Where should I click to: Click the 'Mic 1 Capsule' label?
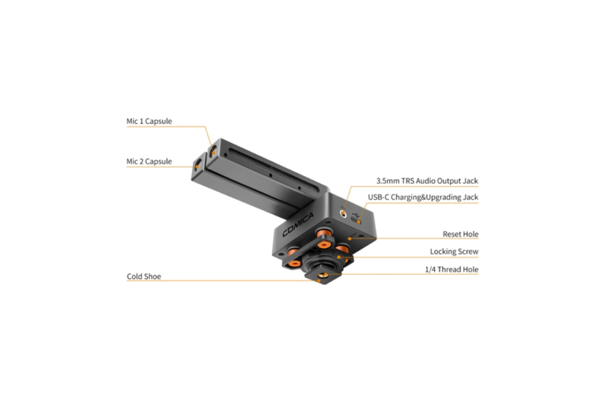(149, 122)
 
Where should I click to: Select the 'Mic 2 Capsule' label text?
(149, 162)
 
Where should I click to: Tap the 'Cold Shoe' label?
(144, 277)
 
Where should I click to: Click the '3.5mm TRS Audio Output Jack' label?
(427, 181)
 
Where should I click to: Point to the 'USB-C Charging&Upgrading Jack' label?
(423, 197)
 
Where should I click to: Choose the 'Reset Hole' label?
(461, 234)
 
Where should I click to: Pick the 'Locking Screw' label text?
(454, 252)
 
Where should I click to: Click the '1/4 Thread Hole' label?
(452, 270)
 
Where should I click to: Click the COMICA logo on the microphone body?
(298, 224)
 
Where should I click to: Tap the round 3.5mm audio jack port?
(343, 214)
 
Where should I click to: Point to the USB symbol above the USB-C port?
(356, 215)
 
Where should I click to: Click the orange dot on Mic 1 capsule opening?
(213, 153)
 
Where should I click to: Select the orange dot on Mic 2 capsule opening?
(197, 167)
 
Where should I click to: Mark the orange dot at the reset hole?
(350, 238)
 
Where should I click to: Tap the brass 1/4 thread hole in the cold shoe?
(323, 275)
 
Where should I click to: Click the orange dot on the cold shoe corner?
(319, 281)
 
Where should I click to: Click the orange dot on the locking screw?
(339, 257)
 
